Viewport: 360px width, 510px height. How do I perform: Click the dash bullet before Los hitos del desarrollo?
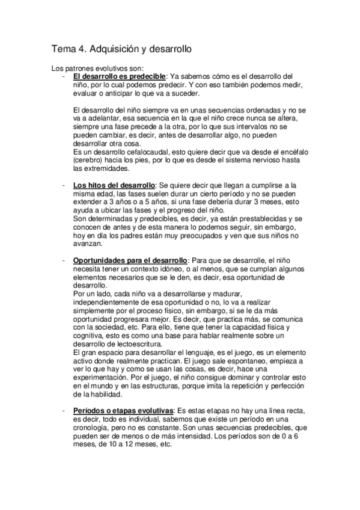(63, 184)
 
